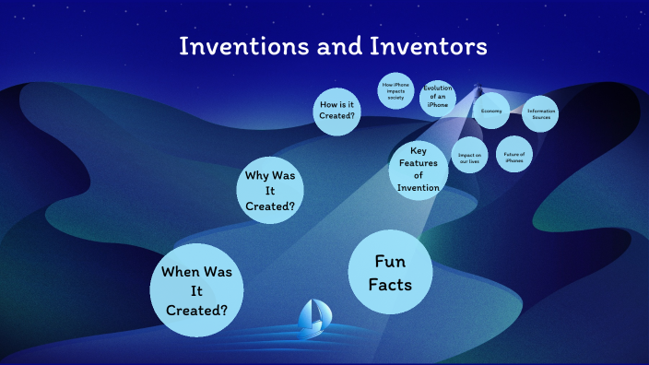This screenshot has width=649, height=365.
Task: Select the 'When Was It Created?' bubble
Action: coord(195,291)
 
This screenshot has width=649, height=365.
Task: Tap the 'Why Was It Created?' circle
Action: coord(269,191)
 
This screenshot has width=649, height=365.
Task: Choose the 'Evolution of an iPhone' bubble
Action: coord(437,97)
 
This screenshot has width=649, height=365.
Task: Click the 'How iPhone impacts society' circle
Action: coord(395,93)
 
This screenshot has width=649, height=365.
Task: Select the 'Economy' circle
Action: coord(490,111)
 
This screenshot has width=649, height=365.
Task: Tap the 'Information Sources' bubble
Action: coord(540,114)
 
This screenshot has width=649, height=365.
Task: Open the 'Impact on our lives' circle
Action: coord(470,156)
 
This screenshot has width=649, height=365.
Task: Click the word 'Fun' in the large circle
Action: coord(390,261)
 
